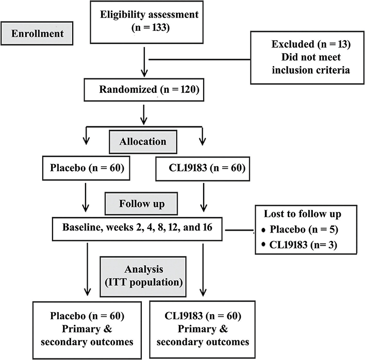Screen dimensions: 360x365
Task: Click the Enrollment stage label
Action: click(x=41, y=35)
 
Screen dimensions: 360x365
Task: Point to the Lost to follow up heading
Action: click(x=302, y=214)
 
